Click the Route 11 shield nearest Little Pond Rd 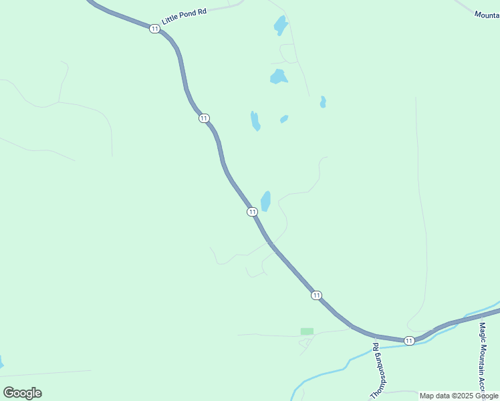(x=154, y=29)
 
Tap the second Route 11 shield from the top (x=203, y=118)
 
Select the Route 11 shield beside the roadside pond (x=251, y=212)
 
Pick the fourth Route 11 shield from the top (x=316, y=295)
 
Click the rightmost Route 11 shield (x=409, y=341)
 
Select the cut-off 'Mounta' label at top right (x=486, y=14)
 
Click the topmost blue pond (x=280, y=25)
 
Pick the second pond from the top (x=278, y=77)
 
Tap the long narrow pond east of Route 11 (x=255, y=121)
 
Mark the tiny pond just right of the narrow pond (x=284, y=119)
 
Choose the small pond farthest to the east (x=323, y=102)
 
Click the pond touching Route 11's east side (x=265, y=200)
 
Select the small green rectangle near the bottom (x=307, y=331)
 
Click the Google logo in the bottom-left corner (x=22, y=392)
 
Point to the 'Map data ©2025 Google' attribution (x=459, y=396)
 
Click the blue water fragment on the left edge (x=1, y=364)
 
